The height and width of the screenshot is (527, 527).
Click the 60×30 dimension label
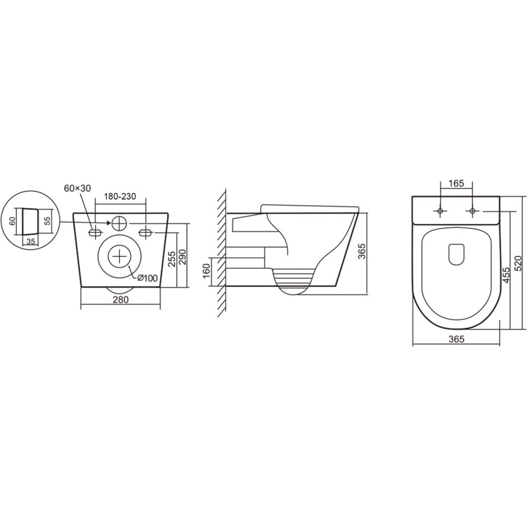pos(77,189)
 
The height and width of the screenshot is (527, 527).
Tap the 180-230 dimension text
pos(120,197)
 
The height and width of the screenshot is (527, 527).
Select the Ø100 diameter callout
pos(147,278)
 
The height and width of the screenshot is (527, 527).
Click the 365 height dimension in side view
pos(362,251)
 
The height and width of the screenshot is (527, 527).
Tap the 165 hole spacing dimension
pos(456,183)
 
